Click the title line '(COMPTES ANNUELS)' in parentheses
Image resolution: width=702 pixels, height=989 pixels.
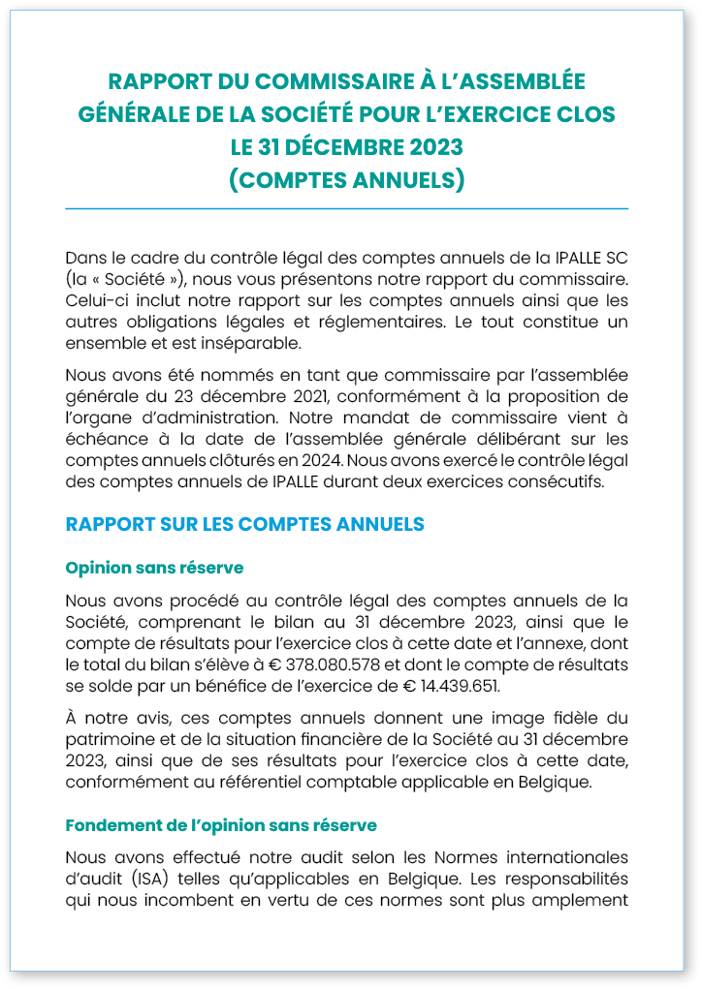(346, 180)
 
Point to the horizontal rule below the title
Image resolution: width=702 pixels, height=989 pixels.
(346, 208)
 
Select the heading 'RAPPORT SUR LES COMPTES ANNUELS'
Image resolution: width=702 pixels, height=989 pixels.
(244, 524)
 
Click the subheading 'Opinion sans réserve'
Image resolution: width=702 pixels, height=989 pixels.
(154, 567)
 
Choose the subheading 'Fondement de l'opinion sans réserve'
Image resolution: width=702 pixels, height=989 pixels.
(221, 825)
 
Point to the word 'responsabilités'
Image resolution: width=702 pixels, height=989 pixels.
(565, 879)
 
